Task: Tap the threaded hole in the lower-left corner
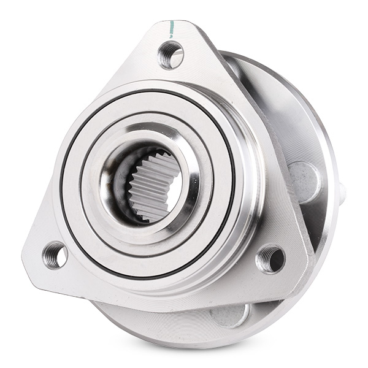click(x=55, y=254)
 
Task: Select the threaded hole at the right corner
click(x=270, y=258)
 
